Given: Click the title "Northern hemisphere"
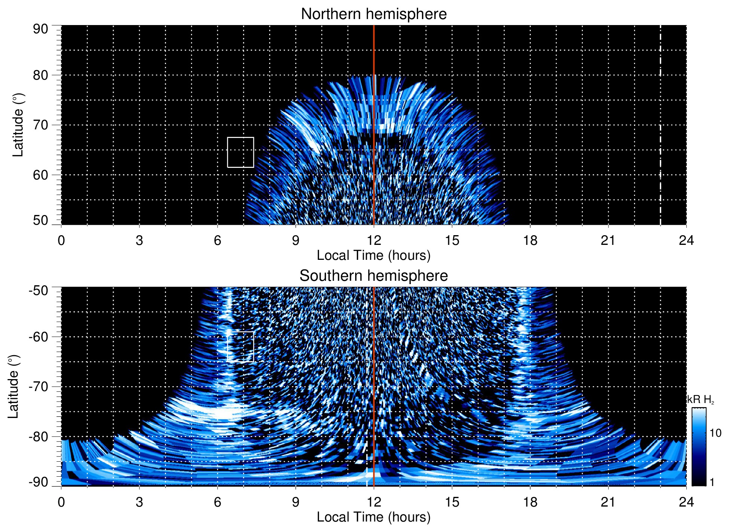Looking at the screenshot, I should coord(373,14).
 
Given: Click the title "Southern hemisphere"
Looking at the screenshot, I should coord(373,276).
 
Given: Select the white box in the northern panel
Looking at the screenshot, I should coord(240,152).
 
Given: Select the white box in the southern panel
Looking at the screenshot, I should coord(240,347).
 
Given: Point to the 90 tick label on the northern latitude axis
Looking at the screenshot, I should coord(40,29).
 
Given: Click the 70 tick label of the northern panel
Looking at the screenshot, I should coord(40,125).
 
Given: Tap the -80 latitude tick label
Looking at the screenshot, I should coord(38,436).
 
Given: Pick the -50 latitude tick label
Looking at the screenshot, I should coord(38,290).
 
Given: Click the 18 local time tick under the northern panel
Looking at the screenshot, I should coord(530,240).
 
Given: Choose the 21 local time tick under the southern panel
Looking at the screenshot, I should coord(608,502).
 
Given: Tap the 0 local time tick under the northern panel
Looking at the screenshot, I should coord(61,240).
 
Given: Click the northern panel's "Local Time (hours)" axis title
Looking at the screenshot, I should coord(373,255).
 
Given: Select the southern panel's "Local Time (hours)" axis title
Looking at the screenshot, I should coord(373,517).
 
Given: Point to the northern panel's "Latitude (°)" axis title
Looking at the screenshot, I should coord(18,125).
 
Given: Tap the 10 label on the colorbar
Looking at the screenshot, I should coord(715,433).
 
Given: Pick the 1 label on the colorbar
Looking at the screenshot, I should coord(712,482).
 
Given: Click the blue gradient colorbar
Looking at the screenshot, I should coord(698,447).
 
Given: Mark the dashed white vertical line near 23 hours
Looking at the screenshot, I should coord(660,125).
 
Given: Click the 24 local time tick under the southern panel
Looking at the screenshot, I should coord(686,502).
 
